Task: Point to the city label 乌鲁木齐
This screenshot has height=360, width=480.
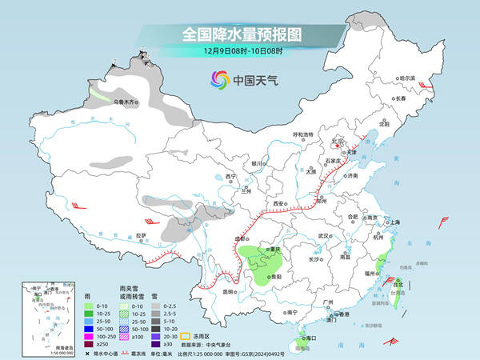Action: point(126,102)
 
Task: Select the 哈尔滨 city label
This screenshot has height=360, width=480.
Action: point(409,78)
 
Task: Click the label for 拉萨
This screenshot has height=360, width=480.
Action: point(141,235)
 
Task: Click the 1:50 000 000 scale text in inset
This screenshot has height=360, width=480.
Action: point(35,353)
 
